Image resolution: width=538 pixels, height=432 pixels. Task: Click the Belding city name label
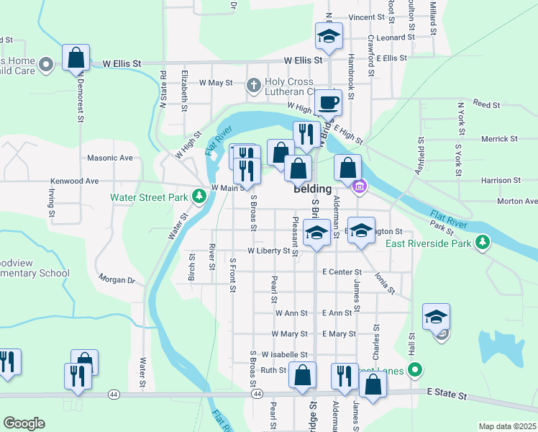(x=312, y=189)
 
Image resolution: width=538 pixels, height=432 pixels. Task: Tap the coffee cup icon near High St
(x=328, y=102)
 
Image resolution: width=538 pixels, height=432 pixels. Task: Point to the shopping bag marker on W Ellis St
(x=76, y=58)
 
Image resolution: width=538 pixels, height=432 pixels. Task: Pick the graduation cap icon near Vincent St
(x=329, y=35)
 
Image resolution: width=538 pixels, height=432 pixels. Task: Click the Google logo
(x=24, y=423)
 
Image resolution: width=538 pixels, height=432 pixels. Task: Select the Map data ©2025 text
(x=507, y=426)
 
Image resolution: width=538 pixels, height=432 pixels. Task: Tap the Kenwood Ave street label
(x=74, y=181)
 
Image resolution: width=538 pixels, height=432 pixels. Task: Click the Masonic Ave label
(x=110, y=158)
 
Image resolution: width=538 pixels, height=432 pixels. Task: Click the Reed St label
(x=486, y=105)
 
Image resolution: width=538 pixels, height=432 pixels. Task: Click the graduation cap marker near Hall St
(x=436, y=316)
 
